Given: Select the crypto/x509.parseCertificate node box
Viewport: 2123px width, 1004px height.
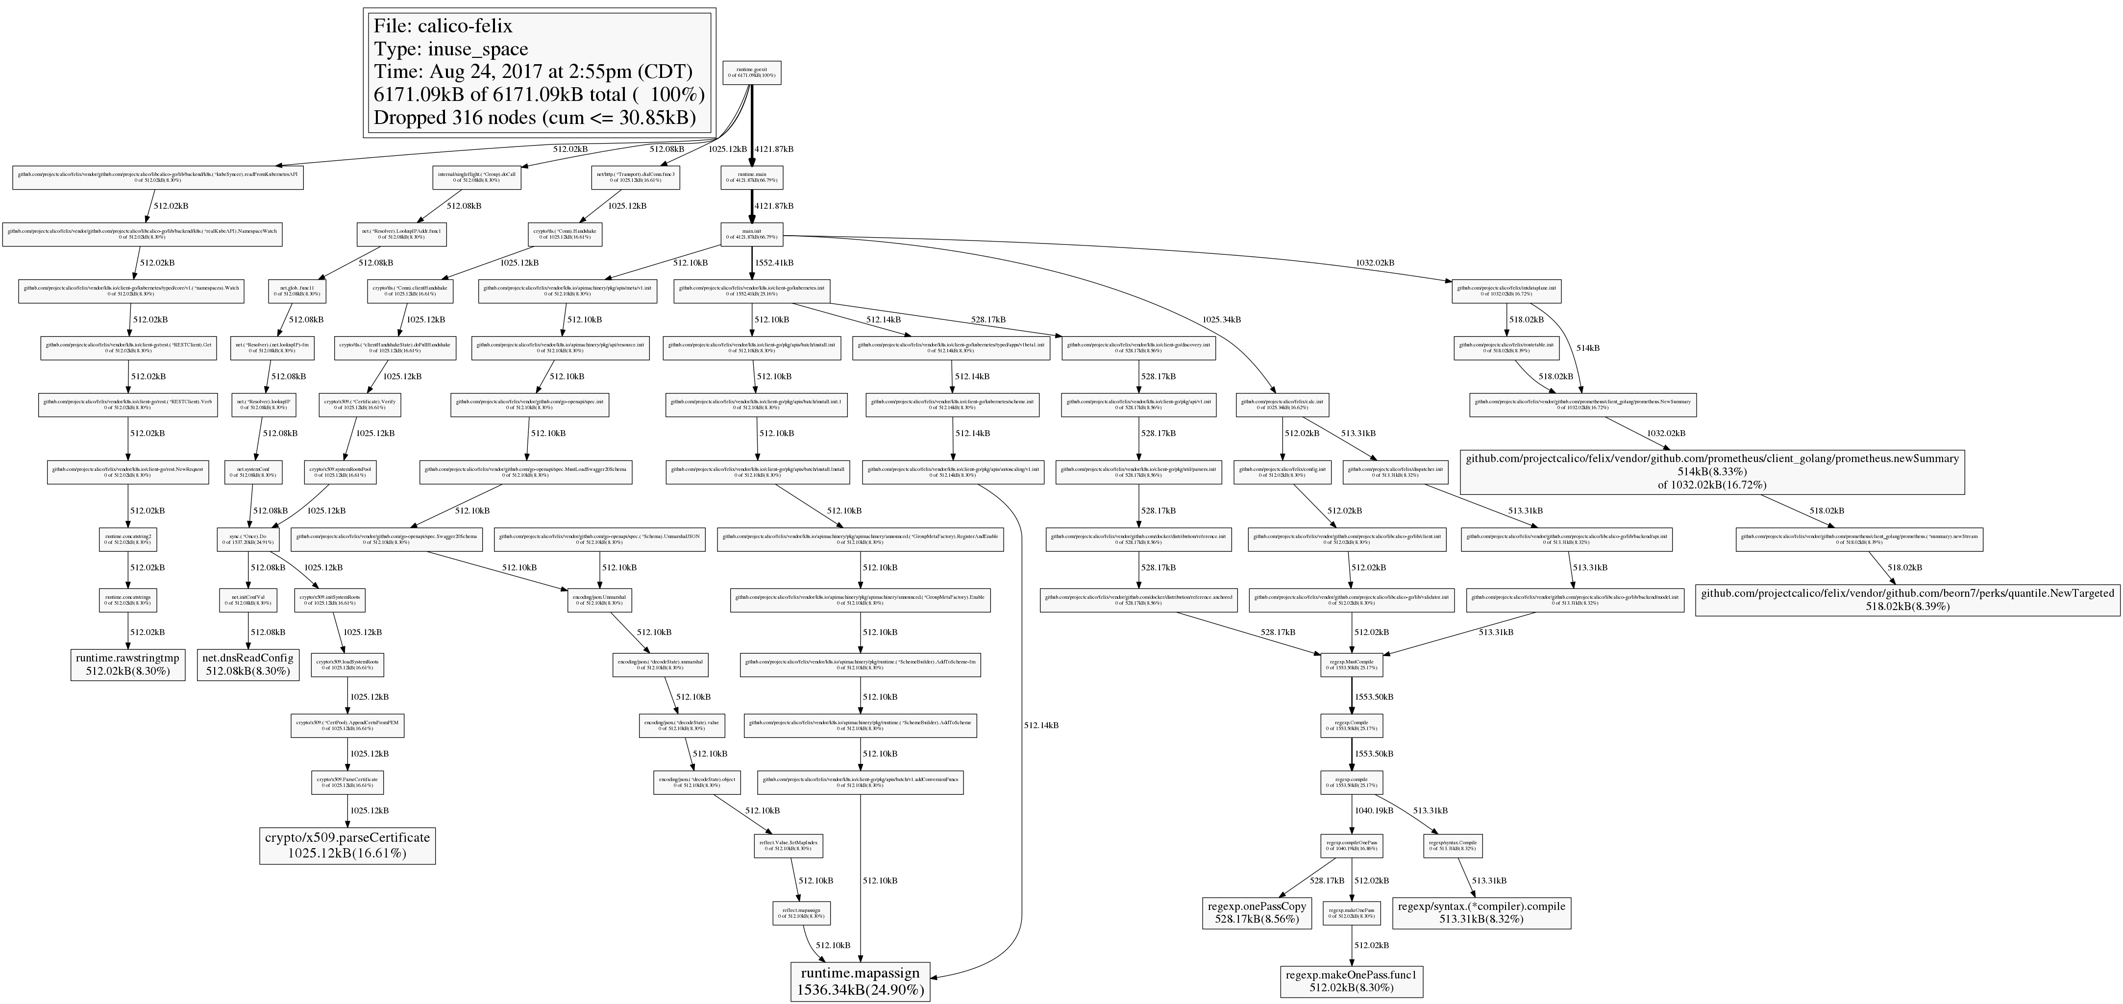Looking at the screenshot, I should (347, 845).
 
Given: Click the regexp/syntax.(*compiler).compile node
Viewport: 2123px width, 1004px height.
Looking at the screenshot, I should (1481, 912).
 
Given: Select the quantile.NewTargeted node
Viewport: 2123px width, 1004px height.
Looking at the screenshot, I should (1907, 599).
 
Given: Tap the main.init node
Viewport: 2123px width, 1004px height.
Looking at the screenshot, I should (752, 234).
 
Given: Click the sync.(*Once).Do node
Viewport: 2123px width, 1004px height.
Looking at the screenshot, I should (249, 539).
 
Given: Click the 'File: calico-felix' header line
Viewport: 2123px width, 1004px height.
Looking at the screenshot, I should (443, 26).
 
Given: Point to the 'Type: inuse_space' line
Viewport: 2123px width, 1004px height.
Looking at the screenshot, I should (451, 49).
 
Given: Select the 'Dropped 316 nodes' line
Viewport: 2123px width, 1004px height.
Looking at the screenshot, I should (534, 117).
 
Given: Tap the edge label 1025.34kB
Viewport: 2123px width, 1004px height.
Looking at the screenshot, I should (1221, 319).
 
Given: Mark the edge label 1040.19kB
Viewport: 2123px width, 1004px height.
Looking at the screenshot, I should (1373, 811).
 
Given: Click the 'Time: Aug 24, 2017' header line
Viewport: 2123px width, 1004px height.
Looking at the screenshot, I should (532, 72).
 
